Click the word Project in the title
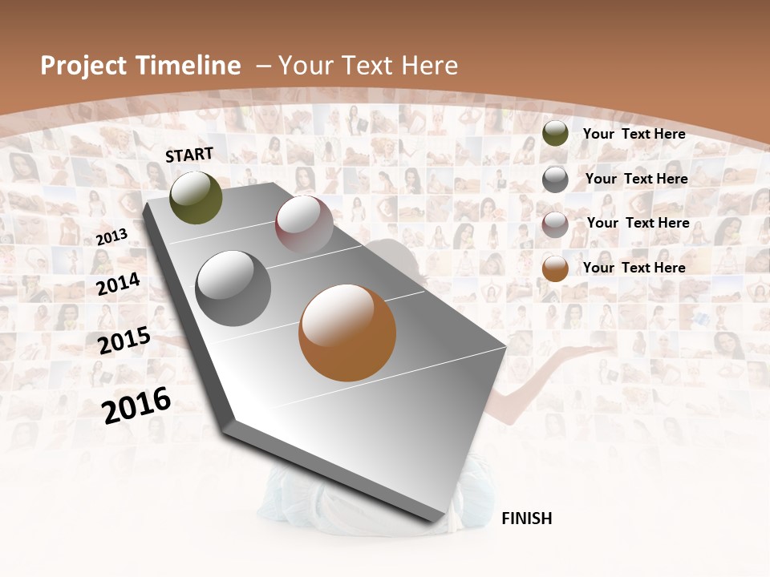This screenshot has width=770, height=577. pos(83,66)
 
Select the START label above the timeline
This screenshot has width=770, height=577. pos(189,155)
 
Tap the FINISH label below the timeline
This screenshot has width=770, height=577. pos(527,518)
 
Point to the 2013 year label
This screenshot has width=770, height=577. pos(111,237)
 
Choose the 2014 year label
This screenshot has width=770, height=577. pos(119,284)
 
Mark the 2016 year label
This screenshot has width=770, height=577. pos(136,405)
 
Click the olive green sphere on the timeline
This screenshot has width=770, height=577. pos(196,197)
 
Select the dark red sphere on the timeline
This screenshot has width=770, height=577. pos(304,224)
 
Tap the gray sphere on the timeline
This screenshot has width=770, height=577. pos(233,288)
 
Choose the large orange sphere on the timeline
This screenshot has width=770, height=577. pos(347,333)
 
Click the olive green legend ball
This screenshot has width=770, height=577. pos(555,134)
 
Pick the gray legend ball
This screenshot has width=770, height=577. pos(555,180)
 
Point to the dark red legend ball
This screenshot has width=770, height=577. pos(555,224)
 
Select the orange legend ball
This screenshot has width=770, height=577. pos(555,268)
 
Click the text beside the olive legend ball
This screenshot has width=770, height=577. pos(634,134)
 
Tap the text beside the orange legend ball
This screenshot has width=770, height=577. pos(634,268)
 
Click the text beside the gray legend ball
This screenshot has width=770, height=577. pos(636,179)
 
